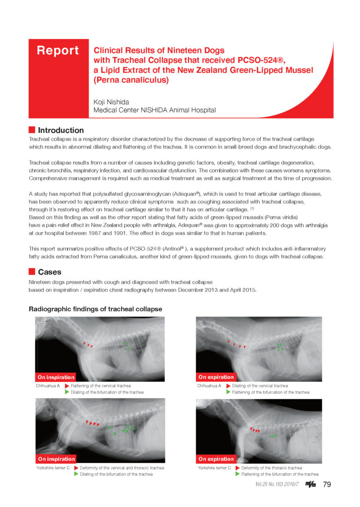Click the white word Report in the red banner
[x=58, y=51]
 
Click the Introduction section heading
[x=61, y=130]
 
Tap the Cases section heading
[x=49, y=272]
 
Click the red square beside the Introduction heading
[x=32, y=130]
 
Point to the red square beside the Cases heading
[x=32, y=272]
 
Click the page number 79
[x=327, y=484]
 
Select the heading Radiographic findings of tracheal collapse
[x=95, y=309]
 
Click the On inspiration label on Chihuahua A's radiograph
[x=56, y=377]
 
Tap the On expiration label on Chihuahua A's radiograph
[x=216, y=377]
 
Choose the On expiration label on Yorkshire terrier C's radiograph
[x=216, y=459]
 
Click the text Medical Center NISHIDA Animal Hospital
[x=155, y=110]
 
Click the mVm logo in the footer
[x=310, y=484]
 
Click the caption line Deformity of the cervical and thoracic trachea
[x=122, y=468]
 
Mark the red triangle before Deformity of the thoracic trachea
[x=237, y=468]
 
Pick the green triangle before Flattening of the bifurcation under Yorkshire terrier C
[x=237, y=474]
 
